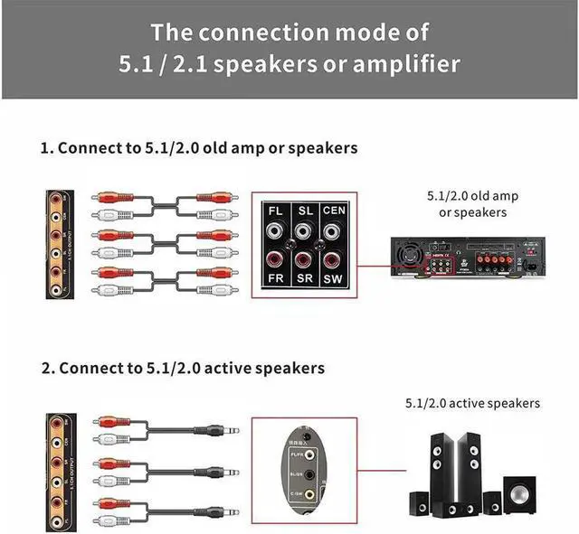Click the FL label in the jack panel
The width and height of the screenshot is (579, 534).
pos(275,211)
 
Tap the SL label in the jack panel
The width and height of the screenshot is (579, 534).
pos(306,211)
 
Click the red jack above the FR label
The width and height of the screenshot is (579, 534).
pos(275,258)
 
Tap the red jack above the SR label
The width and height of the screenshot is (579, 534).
pos(306,258)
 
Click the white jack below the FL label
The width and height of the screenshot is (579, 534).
pos(275,231)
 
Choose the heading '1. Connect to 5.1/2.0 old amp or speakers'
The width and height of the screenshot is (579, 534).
pos(199,147)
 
